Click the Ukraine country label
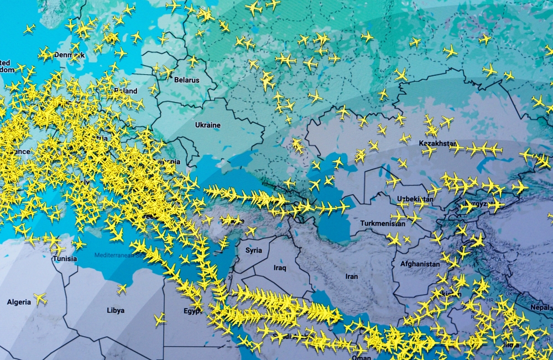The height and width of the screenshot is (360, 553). click(207, 125)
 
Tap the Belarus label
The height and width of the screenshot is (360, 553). click(186, 80)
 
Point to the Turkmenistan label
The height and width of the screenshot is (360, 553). click(375, 223)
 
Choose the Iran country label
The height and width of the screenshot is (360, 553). click(351, 276)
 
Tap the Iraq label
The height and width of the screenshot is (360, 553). click(280, 268)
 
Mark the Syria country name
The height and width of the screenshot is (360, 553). click(253, 251)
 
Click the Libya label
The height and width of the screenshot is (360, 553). click(115, 310)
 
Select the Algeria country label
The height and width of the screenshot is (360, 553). click(19, 302)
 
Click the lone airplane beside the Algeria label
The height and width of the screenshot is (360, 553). click(40, 299)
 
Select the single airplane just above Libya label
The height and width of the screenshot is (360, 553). click(122, 289)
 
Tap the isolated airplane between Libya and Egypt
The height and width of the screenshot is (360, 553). click(160, 319)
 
